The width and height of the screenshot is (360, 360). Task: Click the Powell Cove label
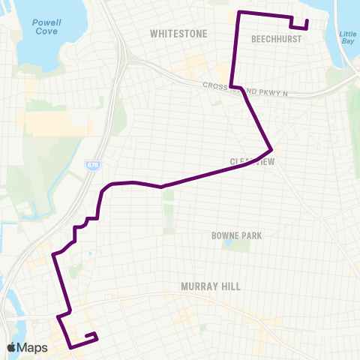click(x=46, y=27)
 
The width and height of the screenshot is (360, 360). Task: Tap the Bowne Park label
click(x=236, y=235)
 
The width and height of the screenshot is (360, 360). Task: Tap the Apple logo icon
click(x=11, y=347)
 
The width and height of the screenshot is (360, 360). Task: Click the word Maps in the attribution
click(x=33, y=347)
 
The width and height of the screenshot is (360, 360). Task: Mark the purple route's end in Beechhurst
click(x=307, y=19)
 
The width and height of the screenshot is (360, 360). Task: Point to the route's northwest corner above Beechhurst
click(x=238, y=13)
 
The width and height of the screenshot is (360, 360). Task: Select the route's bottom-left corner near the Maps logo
click(x=70, y=347)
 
